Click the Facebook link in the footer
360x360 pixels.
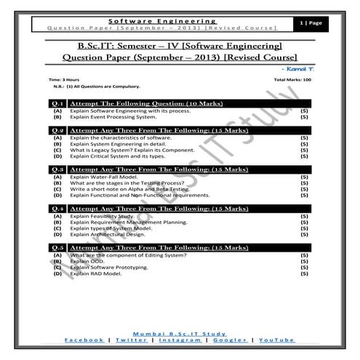(84, 340)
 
